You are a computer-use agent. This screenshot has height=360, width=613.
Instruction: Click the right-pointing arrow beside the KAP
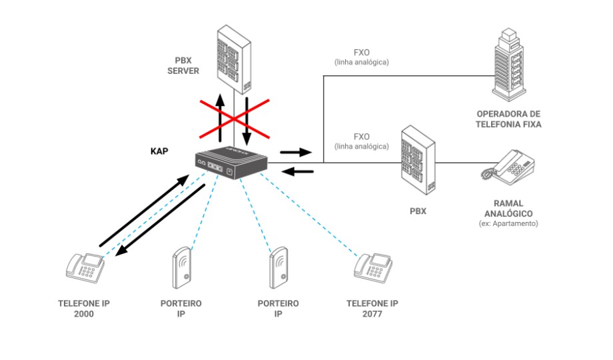pyautogui.click(x=296, y=152)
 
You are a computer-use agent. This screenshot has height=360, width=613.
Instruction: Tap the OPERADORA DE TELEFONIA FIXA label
pyautogui.click(x=508, y=119)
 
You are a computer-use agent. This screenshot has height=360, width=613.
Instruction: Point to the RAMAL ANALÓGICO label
pyautogui.click(x=508, y=208)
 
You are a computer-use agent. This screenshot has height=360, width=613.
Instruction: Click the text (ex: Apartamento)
pyautogui.click(x=508, y=223)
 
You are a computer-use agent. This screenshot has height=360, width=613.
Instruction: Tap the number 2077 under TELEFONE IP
pyautogui.click(x=372, y=314)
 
